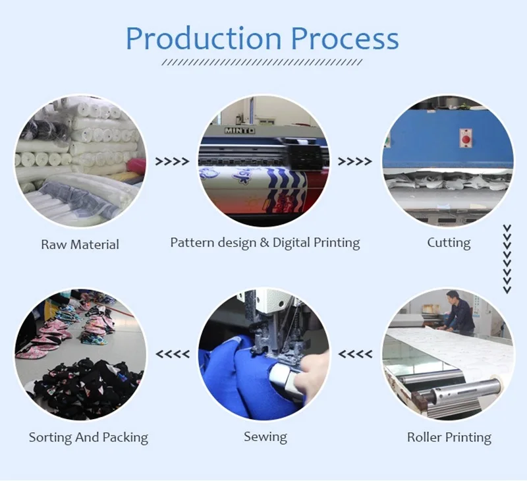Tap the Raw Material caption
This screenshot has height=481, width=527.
coord(80,244)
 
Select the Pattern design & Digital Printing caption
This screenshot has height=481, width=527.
coord(265,242)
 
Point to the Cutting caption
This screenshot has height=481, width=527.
coord(449,242)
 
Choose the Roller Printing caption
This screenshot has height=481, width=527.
coord(449,437)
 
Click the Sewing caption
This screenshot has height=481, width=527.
coord(265,436)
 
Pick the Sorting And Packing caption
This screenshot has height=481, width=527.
coord(88,437)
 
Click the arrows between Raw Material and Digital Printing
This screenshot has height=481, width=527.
coord(172,161)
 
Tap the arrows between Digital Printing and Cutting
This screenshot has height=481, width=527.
coord(355,161)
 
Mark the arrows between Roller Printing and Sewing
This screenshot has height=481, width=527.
coord(355,354)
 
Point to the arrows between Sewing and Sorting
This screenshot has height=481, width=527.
coord(172,354)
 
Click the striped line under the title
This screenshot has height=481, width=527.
coord(262,63)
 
